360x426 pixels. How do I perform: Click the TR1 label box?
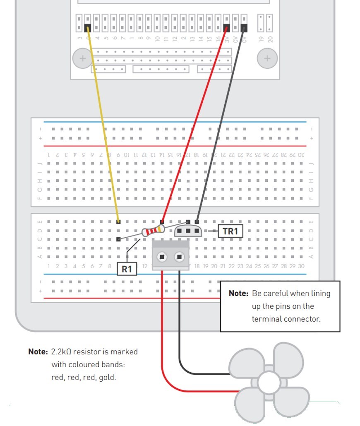pos(230,231)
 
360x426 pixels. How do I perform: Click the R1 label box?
pos(127,269)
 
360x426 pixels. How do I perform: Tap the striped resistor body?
pos(153,231)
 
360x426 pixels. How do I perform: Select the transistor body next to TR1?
pos(189,231)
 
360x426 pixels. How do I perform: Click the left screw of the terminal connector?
pos(162,257)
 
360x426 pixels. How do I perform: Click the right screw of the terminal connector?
pos(179,257)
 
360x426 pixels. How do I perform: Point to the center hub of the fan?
pos(269,381)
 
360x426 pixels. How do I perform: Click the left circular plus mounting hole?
pos(83,58)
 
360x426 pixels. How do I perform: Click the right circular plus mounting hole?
pos(267,58)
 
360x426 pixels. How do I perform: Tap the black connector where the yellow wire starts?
pos(88,28)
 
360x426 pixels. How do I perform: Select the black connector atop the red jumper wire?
pos(226,28)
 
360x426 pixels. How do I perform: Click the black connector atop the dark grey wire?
pos(244,28)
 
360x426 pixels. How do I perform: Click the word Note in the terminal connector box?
pos(238,294)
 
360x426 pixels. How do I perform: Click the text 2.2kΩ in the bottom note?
pos(61,352)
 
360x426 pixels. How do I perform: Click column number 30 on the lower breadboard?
pos(301,266)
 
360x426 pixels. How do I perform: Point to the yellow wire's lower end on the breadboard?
pos(119,221)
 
